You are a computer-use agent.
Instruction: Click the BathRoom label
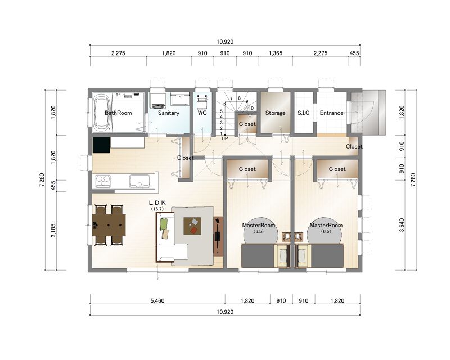(118, 113)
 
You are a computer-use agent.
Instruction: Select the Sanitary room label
(168, 113)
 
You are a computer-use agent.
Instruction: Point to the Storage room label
(275, 113)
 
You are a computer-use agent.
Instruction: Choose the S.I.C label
(303, 113)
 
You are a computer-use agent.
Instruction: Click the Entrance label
(331, 113)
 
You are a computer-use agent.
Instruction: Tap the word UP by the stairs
(224, 138)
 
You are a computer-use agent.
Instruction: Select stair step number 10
(251, 108)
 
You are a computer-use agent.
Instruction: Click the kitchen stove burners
(103, 181)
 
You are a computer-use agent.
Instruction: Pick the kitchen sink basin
(139, 181)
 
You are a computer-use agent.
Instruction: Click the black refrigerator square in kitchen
(101, 145)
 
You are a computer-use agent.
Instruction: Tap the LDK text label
(157, 203)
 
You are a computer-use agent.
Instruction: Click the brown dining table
(109, 225)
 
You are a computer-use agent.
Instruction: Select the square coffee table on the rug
(192, 226)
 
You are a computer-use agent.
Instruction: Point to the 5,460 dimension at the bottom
(157, 300)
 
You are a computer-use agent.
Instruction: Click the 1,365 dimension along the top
(276, 53)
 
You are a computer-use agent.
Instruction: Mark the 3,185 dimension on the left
(53, 231)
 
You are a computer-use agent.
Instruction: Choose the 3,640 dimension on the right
(402, 226)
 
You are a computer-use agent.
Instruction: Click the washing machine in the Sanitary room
(157, 100)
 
